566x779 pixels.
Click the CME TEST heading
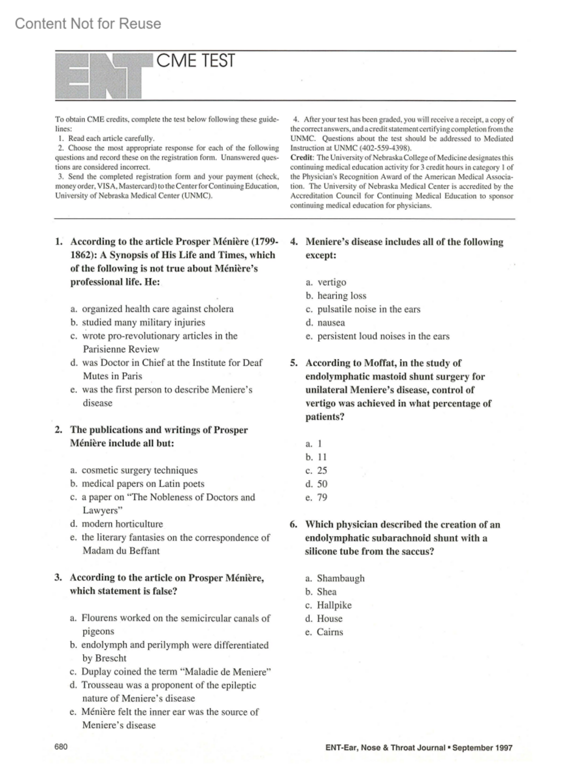(195, 61)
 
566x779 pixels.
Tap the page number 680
(61, 746)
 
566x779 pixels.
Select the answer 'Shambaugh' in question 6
(341, 578)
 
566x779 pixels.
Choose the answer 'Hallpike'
(334, 605)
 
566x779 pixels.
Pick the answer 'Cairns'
(330, 632)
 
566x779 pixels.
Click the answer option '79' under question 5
(322, 497)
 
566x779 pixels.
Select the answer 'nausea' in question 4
(331, 323)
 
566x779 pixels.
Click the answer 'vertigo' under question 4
(332, 282)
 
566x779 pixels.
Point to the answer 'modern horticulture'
(122, 524)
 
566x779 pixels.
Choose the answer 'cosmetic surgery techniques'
(140, 470)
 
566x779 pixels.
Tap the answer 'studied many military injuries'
(143, 322)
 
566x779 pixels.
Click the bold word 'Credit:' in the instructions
(302, 158)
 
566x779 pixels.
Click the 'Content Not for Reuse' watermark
(88, 24)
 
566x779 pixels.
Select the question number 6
(293, 525)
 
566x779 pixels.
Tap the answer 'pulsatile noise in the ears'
(368, 309)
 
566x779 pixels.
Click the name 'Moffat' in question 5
(381, 363)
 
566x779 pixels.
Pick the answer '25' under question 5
(322, 471)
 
